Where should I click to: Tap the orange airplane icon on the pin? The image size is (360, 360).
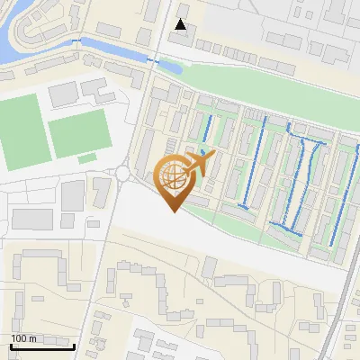pos(199,163)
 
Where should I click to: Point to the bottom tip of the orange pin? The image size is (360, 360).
pos(173,211)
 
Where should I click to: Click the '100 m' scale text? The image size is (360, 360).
pos(23,337)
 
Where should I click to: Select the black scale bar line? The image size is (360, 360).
pos(42,346)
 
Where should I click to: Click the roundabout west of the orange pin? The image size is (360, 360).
pos(123,173)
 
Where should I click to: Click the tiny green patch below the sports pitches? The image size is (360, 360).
pos(86,158)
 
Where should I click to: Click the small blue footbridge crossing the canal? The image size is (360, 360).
pos(159,61)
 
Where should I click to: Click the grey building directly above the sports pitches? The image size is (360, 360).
pos(65,93)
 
